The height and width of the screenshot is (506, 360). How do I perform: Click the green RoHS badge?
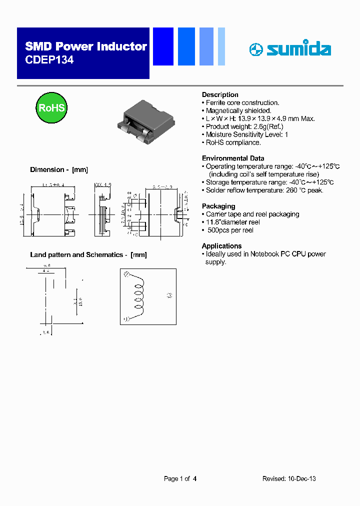pos(51,108)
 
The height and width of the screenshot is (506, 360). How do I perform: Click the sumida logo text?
pos(298,49)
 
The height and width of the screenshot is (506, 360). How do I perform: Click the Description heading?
pos(220,95)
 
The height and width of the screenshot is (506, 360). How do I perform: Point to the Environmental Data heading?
pos(233,158)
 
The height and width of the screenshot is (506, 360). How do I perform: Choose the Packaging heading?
pos(218,206)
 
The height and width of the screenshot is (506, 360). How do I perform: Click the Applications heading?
pos(221,246)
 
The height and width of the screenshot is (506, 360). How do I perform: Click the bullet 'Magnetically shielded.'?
pos(238,110)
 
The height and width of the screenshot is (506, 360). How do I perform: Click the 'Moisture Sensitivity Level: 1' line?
pos(247,134)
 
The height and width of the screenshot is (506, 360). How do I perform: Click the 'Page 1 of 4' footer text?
pos(180,479)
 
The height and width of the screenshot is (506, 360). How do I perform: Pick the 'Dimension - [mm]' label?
pos(59,170)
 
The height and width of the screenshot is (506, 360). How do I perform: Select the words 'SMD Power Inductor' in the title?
pos(86,47)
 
